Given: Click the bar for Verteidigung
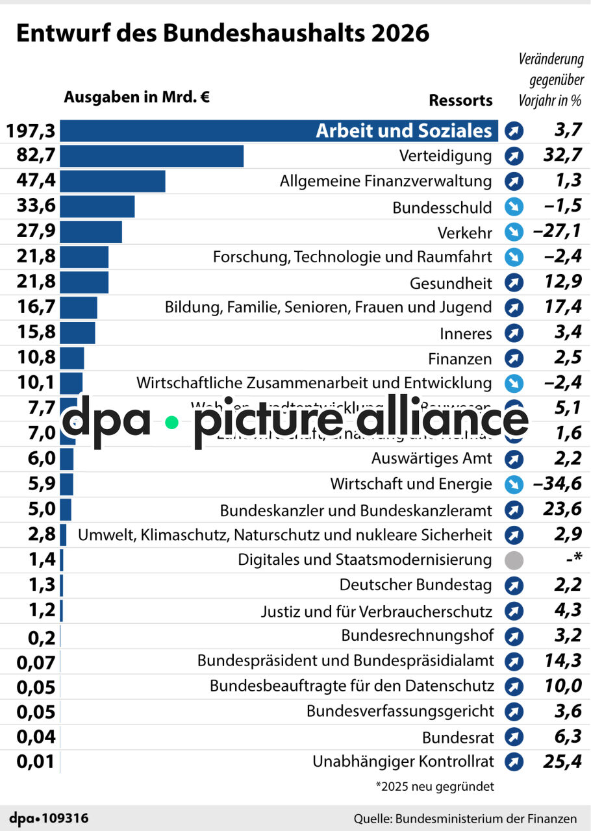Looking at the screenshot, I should [x=152, y=156].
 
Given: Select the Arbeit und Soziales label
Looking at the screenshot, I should [x=403, y=130].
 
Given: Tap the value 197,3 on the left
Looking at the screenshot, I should [x=31, y=131].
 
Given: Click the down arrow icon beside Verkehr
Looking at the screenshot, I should [x=514, y=232].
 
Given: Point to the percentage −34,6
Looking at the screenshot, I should [x=557, y=484].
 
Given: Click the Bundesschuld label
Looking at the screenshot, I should [x=442, y=208].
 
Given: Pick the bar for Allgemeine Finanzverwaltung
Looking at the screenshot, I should [x=113, y=182].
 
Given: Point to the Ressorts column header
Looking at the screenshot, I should [x=460, y=101].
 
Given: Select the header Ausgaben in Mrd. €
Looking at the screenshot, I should [x=136, y=97].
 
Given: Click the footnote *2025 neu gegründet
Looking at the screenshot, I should [x=434, y=786].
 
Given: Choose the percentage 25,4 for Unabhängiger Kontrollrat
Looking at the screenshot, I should [x=562, y=762].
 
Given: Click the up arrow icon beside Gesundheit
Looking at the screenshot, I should [x=514, y=283].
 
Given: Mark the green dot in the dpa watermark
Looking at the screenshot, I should [x=171, y=423].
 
